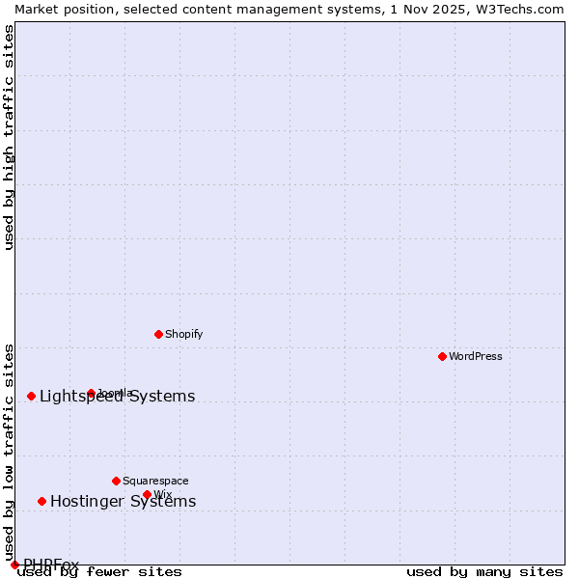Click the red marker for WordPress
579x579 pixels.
(x=443, y=356)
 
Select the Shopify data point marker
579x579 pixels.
(x=159, y=334)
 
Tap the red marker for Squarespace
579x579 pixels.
(x=117, y=481)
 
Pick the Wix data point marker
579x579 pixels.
(x=148, y=494)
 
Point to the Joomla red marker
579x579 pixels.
(x=92, y=393)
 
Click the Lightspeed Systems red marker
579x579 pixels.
(x=32, y=396)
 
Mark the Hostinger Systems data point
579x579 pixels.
(x=42, y=501)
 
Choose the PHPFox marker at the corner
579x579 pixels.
(x=14, y=565)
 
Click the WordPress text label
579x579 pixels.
(x=476, y=356)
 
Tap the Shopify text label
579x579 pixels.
(x=183, y=334)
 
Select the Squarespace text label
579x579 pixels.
(x=155, y=481)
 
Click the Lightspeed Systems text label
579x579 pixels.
(x=117, y=397)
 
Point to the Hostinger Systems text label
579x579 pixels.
(x=123, y=501)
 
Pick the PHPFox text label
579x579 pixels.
(x=51, y=565)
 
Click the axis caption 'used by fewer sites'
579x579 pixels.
(x=99, y=571)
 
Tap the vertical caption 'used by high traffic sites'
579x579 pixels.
(x=10, y=138)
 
